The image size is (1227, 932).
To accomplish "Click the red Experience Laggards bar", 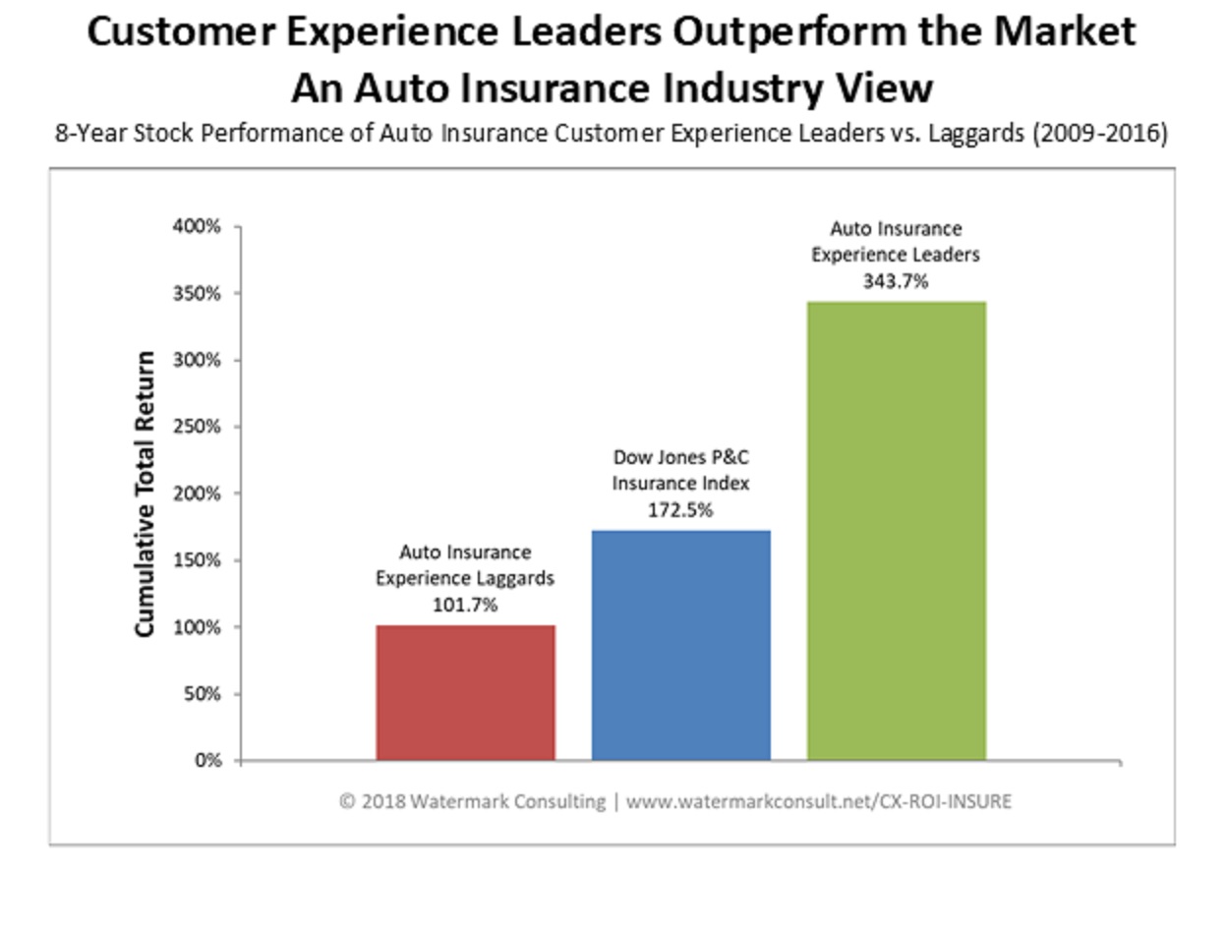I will coord(465,692).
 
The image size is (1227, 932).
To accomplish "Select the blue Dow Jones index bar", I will coord(680,645).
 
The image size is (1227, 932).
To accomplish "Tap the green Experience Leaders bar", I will coord(896,531).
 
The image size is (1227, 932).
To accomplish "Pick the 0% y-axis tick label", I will coord(208,760).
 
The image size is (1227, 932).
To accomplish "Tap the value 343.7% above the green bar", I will coord(895,281).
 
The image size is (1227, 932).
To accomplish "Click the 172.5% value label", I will coord(680,510).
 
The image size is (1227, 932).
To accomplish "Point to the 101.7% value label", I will coord(465,605).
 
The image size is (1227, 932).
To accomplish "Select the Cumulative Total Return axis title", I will coord(146,494).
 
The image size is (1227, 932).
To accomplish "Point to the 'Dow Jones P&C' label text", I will coord(680,457).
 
